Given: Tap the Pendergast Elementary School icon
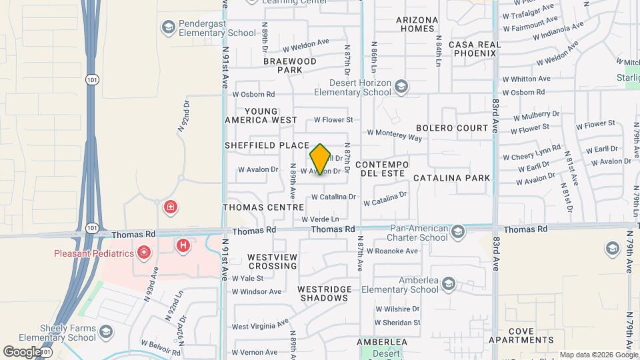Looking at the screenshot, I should [168, 27].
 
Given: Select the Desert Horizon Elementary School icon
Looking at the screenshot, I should [401, 86].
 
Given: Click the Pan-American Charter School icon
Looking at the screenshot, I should [457, 232].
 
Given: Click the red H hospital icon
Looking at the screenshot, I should [183, 246].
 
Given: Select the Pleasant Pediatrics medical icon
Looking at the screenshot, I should [143, 253].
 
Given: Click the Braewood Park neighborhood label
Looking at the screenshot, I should [290, 65].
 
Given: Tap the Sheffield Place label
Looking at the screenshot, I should [267, 145].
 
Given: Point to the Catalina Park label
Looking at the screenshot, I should [452, 178].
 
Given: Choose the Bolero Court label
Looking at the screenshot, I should [453, 127].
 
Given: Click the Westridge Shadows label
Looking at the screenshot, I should [323, 293].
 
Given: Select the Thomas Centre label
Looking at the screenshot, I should [263, 207].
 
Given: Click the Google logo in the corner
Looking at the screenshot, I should [21, 351].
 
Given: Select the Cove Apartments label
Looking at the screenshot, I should [531, 335].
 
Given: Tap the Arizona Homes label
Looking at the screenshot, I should [417, 24].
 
